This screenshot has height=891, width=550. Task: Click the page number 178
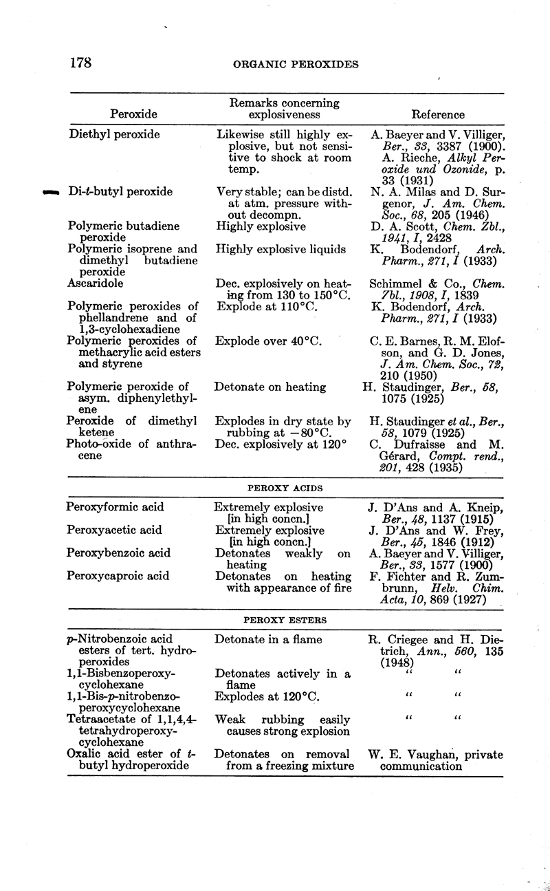tap(81, 63)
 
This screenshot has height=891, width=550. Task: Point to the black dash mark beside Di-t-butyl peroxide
tap(52, 193)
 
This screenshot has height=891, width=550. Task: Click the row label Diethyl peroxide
tap(114, 135)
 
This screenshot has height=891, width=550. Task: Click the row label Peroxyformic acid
tap(115, 508)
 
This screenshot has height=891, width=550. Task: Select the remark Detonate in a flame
tap(268, 640)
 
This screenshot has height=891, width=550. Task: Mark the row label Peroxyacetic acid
tap(114, 530)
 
